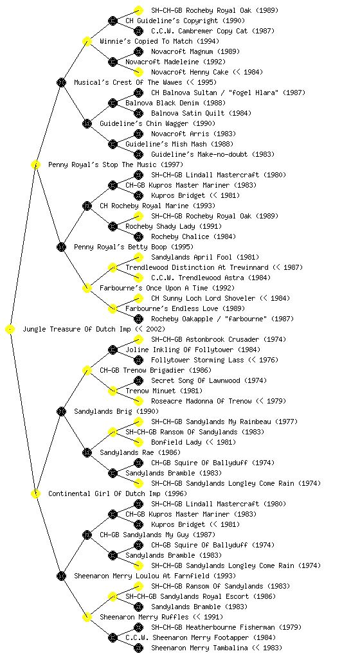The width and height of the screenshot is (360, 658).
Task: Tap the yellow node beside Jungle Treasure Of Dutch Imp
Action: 10,330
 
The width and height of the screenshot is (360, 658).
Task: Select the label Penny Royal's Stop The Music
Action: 102,165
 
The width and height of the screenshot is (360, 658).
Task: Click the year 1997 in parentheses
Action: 172,165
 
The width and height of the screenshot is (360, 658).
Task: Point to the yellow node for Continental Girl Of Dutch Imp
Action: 35,494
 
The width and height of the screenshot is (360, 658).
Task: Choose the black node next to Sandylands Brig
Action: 61,412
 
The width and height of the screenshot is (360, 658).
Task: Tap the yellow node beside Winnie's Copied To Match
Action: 87,42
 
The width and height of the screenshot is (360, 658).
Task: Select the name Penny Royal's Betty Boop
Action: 120,247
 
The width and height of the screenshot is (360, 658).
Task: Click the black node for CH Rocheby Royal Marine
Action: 87,206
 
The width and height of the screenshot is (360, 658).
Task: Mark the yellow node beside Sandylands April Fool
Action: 138,257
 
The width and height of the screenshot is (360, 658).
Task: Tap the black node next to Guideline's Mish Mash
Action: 113,145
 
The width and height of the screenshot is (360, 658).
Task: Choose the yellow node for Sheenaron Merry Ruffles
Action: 87,618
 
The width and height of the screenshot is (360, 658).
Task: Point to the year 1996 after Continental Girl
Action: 175,494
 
